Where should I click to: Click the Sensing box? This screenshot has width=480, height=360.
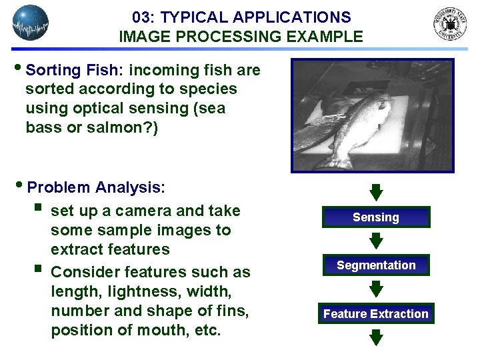point(376,217)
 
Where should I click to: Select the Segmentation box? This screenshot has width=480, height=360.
point(376,265)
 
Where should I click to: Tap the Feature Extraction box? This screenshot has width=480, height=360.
point(376,313)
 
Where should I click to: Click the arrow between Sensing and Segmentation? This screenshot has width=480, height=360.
point(376,241)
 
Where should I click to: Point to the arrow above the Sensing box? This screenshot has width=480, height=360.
point(376,193)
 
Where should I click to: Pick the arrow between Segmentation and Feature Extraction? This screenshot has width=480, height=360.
point(376,289)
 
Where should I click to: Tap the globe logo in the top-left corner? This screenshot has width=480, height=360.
point(31,23)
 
